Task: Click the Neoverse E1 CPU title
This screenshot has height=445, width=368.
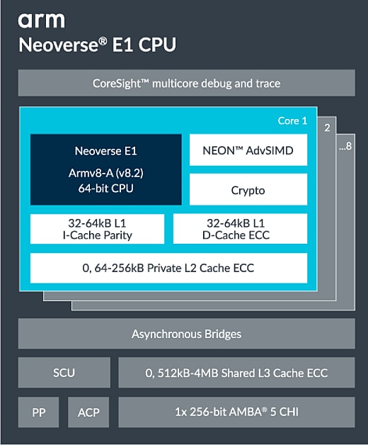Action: pyautogui.click(x=97, y=45)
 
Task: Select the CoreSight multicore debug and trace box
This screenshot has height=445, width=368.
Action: pyautogui.click(x=186, y=83)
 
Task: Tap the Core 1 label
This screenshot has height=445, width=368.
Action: pyautogui.click(x=292, y=121)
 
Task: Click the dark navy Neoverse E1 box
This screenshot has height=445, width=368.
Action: pyautogui.click(x=105, y=169)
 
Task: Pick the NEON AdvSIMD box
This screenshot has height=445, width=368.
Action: pyautogui.click(x=248, y=150)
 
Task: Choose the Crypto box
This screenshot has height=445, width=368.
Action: pyautogui.click(x=248, y=190)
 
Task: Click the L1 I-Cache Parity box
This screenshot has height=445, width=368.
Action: pyautogui.click(x=96, y=229)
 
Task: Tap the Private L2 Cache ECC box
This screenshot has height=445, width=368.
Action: pyautogui.click(x=168, y=268)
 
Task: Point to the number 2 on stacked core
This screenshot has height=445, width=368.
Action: pyautogui.click(x=327, y=128)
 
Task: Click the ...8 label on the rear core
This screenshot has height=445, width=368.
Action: pyautogui.click(x=345, y=148)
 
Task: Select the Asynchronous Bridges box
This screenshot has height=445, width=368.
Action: pyautogui.click(x=186, y=333)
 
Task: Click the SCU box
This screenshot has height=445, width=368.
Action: pyautogui.click(x=64, y=373)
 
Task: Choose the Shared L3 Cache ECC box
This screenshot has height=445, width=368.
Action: pyautogui.click(x=236, y=373)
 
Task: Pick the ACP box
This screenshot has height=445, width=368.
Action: pyautogui.click(x=88, y=412)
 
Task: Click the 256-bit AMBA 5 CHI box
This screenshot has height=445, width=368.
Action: pyautogui.click(x=236, y=412)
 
